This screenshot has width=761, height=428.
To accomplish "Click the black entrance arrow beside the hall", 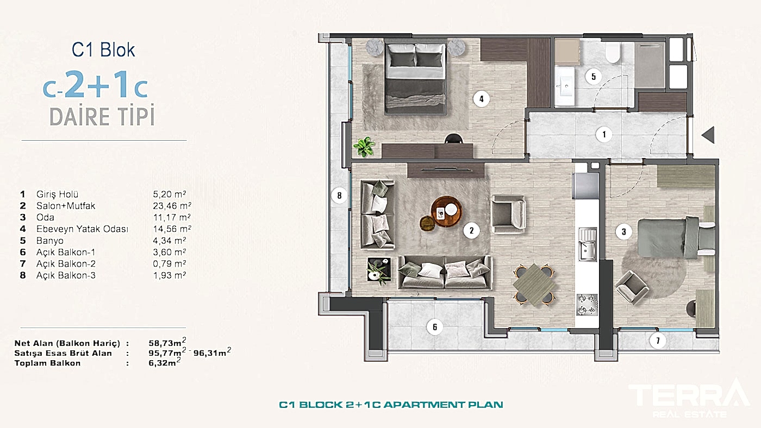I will click(x=708, y=135).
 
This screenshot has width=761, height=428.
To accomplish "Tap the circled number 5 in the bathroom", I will click(x=594, y=77).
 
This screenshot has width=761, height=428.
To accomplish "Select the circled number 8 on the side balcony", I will click(x=339, y=196).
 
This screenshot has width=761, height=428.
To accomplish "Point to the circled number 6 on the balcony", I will click(x=435, y=327).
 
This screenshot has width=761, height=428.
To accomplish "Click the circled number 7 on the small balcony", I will click(x=658, y=341).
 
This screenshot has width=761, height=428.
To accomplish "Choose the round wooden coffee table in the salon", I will click(x=446, y=211).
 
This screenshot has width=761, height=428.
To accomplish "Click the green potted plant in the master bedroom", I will click(x=364, y=147).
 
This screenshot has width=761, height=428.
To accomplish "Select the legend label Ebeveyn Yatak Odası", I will click(x=82, y=229).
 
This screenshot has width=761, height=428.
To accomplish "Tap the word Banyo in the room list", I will click(x=50, y=241).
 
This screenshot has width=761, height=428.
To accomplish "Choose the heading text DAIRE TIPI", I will click(x=102, y=117).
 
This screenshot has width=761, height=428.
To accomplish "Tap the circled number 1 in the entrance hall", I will click(x=603, y=134).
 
